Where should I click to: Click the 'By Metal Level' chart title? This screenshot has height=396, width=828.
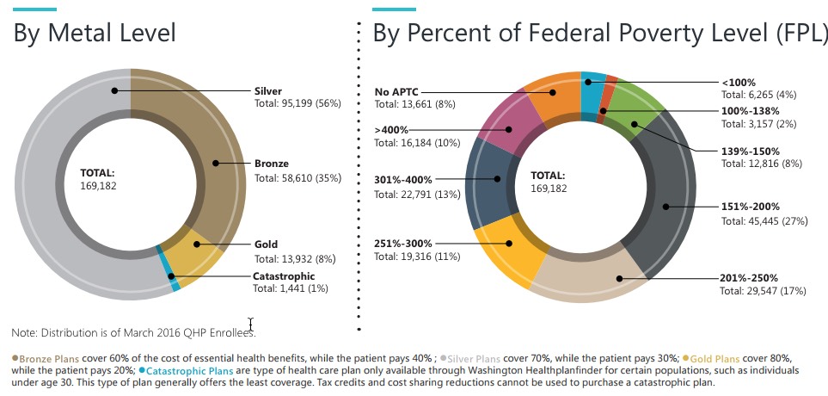tap(95, 34)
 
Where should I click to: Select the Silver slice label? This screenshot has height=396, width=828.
tap(267, 90)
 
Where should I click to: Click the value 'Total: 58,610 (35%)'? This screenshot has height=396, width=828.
tap(297, 178)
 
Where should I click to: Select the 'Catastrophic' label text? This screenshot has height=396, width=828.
tap(284, 276)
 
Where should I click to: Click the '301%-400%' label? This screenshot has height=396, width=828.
tap(404, 180)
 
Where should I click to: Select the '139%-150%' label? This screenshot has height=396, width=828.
tap(750, 150)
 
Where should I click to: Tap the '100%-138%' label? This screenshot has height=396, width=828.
tap(750, 111)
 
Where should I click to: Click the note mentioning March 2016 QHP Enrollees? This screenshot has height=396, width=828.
tap(133, 332)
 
